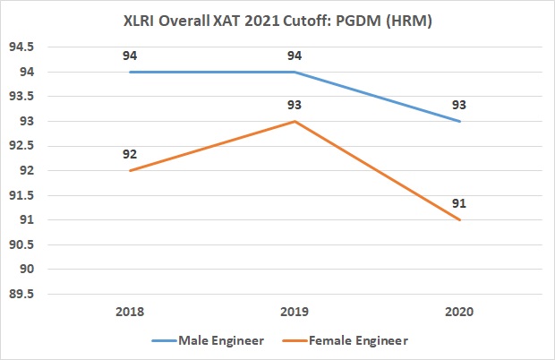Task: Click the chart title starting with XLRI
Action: click(x=277, y=19)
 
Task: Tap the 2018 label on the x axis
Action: click(x=130, y=313)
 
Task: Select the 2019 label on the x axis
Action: click(x=295, y=313)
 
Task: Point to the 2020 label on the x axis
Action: click(x=459, y=313)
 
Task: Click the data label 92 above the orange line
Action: click(x=130, y=153)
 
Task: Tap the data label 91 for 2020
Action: click(x=459, y=202)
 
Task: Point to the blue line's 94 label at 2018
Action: click(x=130, y=55)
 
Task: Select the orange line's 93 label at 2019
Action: click(x=295, y=104)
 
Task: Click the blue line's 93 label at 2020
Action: click(x=459, y=104)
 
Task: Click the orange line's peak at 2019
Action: click(x=295, y=121)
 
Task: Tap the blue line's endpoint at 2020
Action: click(x=459, y=121)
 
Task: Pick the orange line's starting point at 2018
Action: click(x=130, y=170)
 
